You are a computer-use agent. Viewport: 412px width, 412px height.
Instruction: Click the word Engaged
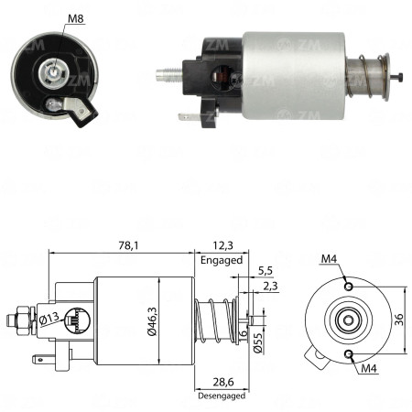point(222,261)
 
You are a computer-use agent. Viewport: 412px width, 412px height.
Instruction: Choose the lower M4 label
point(369,369)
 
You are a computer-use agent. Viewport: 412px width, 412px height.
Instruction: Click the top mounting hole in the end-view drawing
point(349,287)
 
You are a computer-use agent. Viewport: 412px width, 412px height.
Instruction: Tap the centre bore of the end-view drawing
point(349,320)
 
